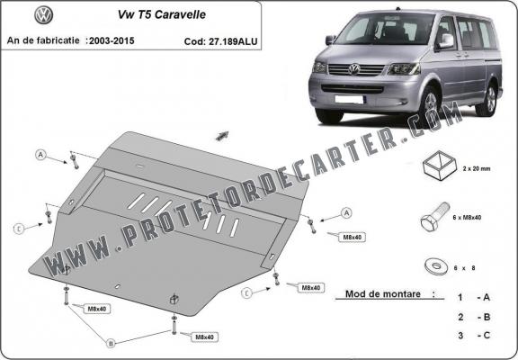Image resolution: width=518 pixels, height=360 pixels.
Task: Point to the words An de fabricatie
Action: (x=43, y=40)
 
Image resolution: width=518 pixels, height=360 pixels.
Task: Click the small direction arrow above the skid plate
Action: (x=220, y=135)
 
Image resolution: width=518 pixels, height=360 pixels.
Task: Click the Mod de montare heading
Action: (x=378, y=294)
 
